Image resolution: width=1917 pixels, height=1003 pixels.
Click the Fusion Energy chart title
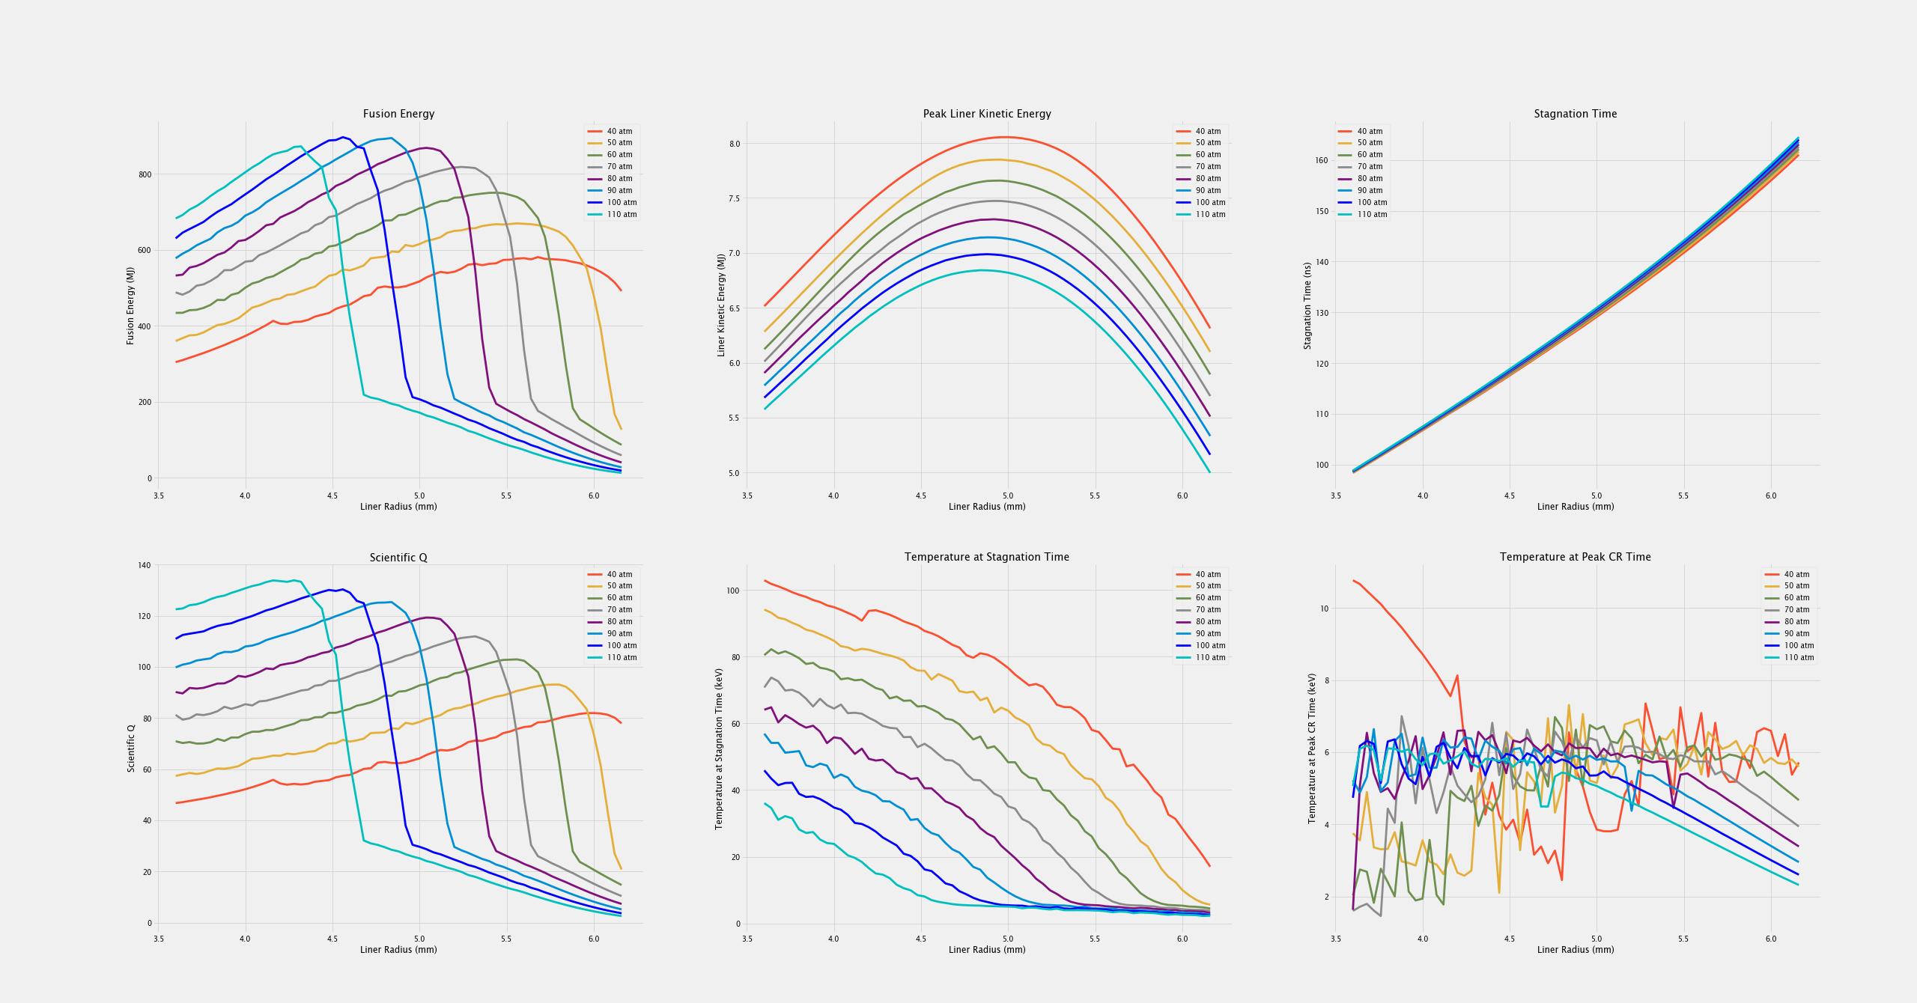[398, 114]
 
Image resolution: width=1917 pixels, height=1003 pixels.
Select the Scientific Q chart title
[398, 558]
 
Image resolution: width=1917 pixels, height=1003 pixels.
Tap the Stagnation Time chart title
[1575, 114]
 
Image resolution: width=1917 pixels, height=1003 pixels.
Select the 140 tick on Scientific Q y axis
[145, 565]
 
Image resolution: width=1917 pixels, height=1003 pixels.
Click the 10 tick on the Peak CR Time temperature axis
[1323, 609]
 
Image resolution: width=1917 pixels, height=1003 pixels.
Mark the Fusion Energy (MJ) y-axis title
[130, 299]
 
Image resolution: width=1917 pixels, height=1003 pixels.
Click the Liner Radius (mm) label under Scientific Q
[398, 949]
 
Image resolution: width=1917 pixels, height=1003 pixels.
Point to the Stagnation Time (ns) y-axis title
[1307, 305]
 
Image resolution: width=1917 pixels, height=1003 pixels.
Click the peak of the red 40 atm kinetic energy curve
[1005, 137]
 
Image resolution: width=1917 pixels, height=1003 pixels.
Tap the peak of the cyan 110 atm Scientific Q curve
[274, 580]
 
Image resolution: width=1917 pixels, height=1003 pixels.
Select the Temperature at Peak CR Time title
[1575, 557]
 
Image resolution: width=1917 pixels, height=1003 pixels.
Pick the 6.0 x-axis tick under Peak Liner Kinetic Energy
[1182, 495]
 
